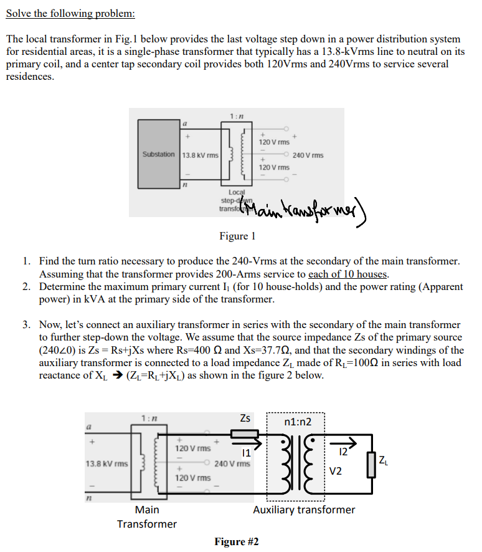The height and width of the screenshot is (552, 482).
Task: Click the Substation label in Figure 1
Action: click(x=158, y=154)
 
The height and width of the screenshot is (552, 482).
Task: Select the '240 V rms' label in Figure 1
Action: click(x=308, y=155)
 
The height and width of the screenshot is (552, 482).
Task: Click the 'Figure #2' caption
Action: click(x=237, y=541)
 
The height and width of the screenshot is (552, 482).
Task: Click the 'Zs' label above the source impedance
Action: click(x=246, y=418)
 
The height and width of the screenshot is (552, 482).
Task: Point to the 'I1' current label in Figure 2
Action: click(x=247, y=453)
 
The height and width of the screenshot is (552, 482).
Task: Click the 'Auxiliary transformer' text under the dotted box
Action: click(x=304, y=510)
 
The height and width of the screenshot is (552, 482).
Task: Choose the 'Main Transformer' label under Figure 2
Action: click(x=147, y=516)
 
